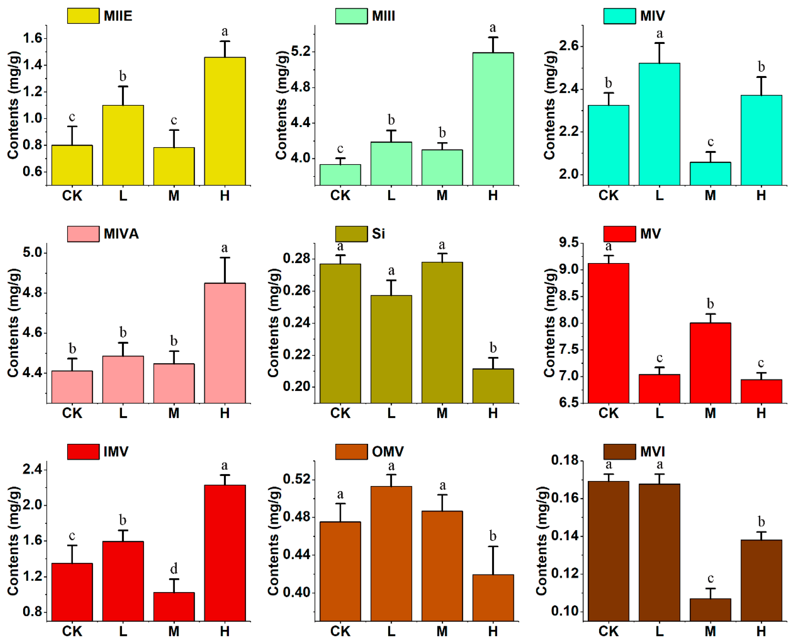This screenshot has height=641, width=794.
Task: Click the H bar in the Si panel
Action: click(x=493, y=386)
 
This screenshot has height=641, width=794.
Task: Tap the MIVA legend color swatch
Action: click(x=83, y=234)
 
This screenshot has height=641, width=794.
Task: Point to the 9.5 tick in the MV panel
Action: click(x=569, y=243)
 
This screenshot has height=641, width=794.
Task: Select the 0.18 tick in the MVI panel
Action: click(x=565, y=460)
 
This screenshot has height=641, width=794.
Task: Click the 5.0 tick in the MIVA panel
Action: click(x=33, y=253)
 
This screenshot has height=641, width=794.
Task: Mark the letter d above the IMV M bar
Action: click(x=174, y=568)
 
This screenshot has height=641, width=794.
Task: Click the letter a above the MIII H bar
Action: click(x=493, y=28)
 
